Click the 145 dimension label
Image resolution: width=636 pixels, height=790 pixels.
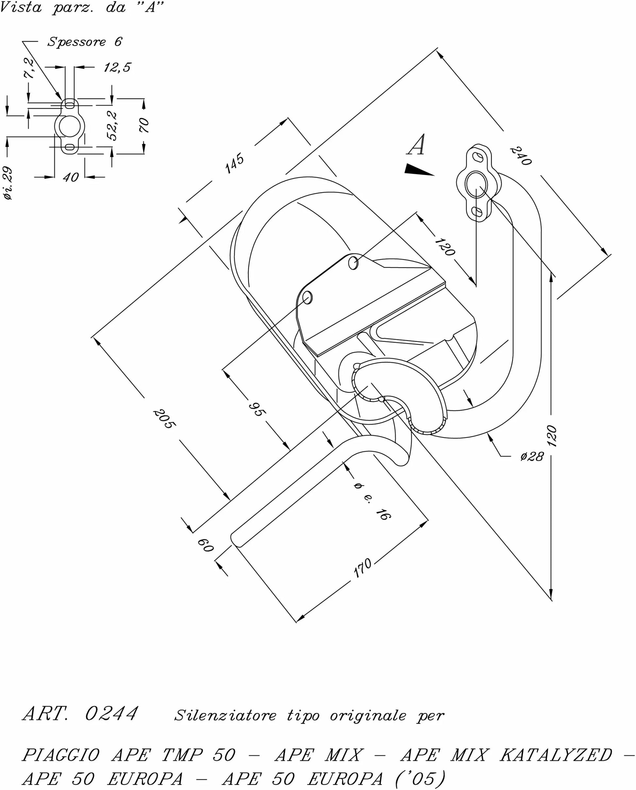coord(234,163)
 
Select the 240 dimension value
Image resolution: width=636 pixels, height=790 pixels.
coord(521,156)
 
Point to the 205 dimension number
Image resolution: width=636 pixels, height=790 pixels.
coord(164,419)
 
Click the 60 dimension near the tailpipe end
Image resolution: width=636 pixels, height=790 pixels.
coord(205,545)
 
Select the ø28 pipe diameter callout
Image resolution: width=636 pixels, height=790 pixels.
coord(532,457)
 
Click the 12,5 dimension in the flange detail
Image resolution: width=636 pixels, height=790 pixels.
coord(117,67)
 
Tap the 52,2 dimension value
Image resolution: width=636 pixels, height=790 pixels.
coord(112,126)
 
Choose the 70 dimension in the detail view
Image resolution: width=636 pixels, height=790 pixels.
coord(144,125)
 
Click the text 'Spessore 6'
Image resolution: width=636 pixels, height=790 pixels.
coord(84,42)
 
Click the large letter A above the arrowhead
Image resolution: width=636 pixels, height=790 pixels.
coord(416,144)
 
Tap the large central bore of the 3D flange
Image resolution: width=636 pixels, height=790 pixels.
coord(476,184)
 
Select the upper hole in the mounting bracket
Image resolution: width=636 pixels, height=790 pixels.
coord(353,263)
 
